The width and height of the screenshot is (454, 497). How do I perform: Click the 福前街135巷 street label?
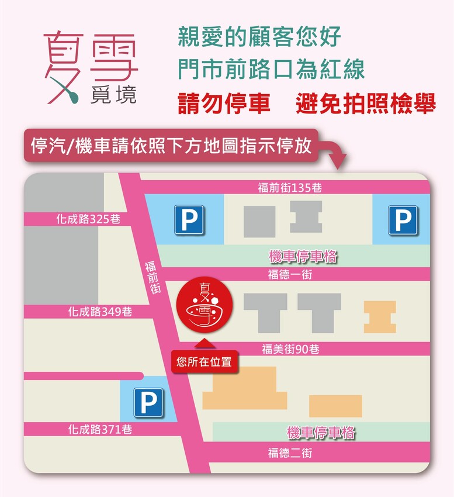click(x=290, y=188)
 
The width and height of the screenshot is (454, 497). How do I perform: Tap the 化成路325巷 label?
click(x=88, y=219)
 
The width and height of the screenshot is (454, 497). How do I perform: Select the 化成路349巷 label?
click(x=100, y=312)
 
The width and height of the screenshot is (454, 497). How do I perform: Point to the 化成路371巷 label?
click(x=100, y=430)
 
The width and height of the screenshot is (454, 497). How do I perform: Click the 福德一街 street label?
click(x=290, y=274)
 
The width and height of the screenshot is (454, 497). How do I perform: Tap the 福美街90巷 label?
click(x=290, y=350)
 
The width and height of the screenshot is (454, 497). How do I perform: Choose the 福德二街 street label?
click(x=290, y=453)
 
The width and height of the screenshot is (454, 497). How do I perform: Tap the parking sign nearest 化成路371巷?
click(x=148, y=403)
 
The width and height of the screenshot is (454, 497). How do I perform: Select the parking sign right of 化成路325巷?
click(x=189, y=220)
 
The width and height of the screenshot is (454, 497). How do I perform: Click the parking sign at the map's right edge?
click(x=403, y=220)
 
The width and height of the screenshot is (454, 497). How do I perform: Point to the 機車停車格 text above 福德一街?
click(x=303, y=256)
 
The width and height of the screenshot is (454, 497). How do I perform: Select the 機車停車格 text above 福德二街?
click(x=321, y=433)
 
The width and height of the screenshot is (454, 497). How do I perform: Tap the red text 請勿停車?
click(x=224, y=104)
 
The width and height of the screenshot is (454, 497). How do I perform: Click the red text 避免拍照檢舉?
click(x=366, y=104)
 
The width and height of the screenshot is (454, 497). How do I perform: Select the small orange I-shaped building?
click(x=380, y=316)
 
